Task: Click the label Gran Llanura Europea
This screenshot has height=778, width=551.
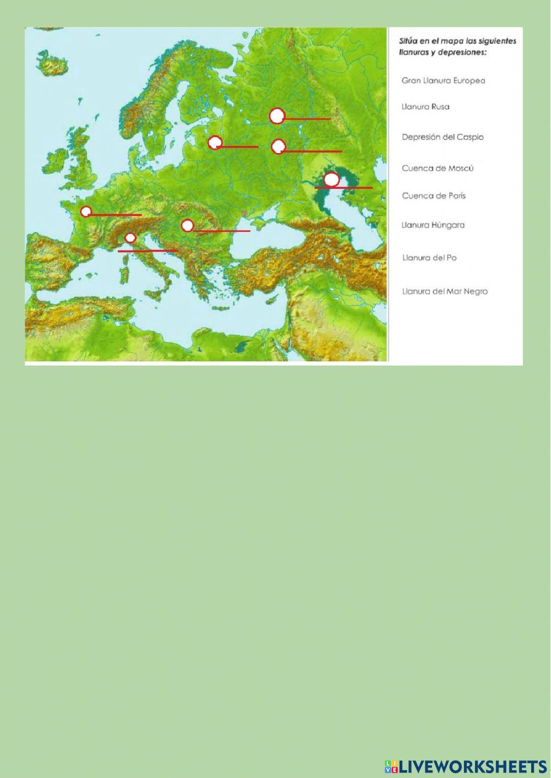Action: pyautogui.click(x=443, y=80)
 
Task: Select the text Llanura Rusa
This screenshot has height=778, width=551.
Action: pyautogui.click(x=425, y=107)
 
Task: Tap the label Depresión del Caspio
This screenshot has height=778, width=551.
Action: pyautogui.click(x=442, y=137)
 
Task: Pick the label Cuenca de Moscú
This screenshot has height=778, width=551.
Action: pyautogui.click(x=437, y=168)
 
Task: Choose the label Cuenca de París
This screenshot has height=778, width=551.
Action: pyautogui.click(x=434, y=195)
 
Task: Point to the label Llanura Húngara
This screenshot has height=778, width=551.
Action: pyautogui.click(x=433, y=225)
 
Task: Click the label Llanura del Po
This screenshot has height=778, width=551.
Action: pyautogui.click(x=429, y=258)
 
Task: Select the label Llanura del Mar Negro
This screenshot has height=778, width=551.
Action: pyautogui.click(x=445, y=291)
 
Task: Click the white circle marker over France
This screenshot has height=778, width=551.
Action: pyautogui.click(x=86, y=211)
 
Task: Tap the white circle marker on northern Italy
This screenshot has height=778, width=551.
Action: pyautogui.click(x=130, y=238)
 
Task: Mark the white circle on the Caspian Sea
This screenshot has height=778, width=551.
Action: pyautogui.click(x=331, y=179)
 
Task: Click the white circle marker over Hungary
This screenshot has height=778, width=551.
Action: pyautogui.click(x=187, y=225)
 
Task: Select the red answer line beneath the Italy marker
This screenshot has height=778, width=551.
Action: pyautogui.click(x=148, y=251)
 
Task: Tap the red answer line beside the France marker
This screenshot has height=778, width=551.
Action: pyautogui.click(x=116, y=215)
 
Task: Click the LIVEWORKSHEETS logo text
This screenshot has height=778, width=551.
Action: pyautogui.click(x=466, y=766)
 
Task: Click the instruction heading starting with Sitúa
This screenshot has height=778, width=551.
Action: pyautogui.click(x=457, y=46)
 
